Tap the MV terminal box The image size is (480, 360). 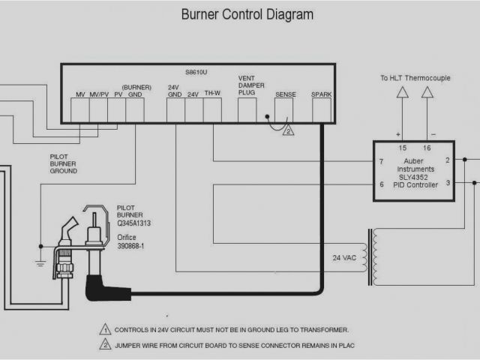(80, 110)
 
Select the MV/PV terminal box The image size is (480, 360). (98, 110)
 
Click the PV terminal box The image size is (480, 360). (116, 110)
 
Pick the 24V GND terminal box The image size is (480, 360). (175, 110)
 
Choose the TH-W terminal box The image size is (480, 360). (212, 110)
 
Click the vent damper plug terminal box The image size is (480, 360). (247, 109)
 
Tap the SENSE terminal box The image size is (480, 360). (285, 110)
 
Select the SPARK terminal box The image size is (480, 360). (322, 110)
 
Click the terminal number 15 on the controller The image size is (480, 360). (402, 148)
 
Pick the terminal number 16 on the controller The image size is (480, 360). (427, 148)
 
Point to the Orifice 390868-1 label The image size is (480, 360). (133, 241)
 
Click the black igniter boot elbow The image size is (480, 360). (97, 286)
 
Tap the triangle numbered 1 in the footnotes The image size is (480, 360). (106, 329)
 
